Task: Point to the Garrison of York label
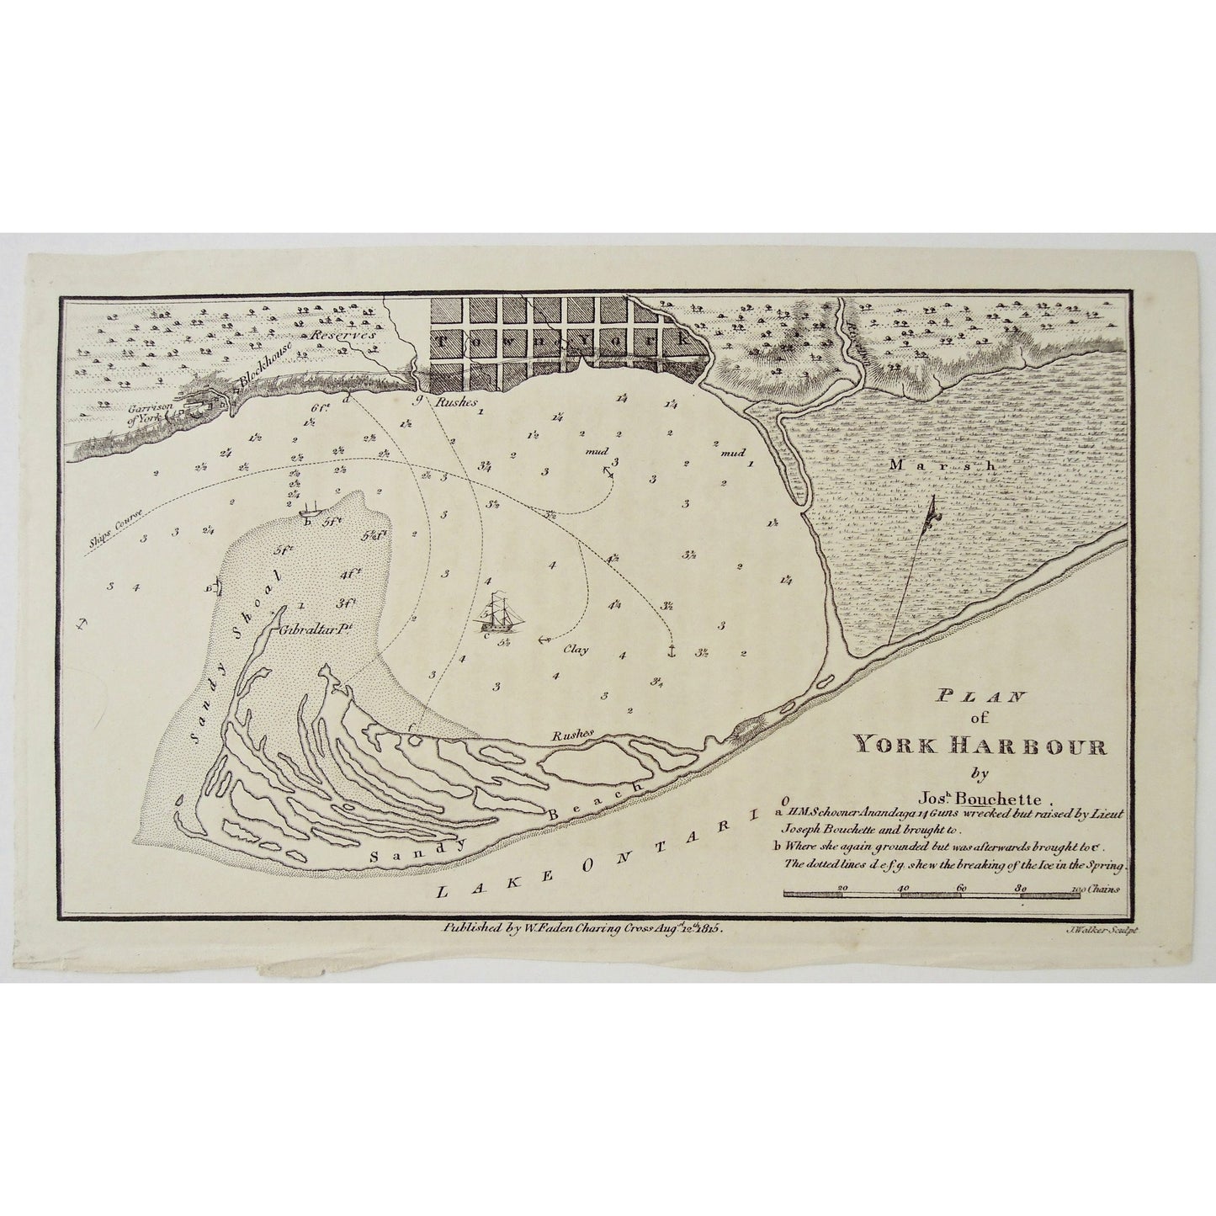(x=147, y=411)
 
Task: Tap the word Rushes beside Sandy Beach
(x=572, y=734)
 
